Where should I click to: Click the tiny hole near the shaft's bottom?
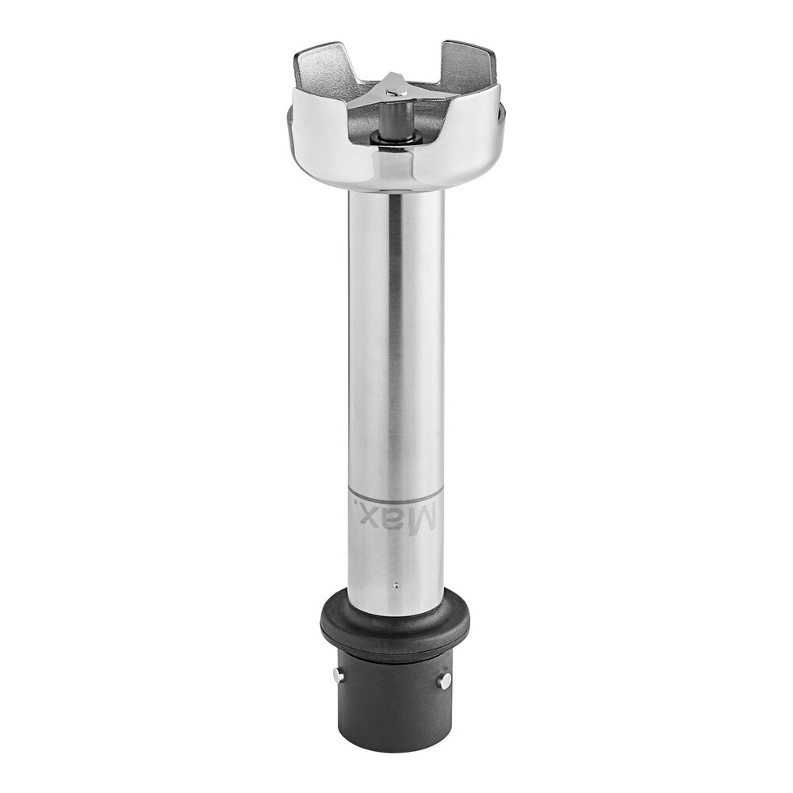click(396, 586)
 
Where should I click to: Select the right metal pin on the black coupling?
click(445, 680)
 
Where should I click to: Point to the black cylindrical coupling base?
click(394, 700)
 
